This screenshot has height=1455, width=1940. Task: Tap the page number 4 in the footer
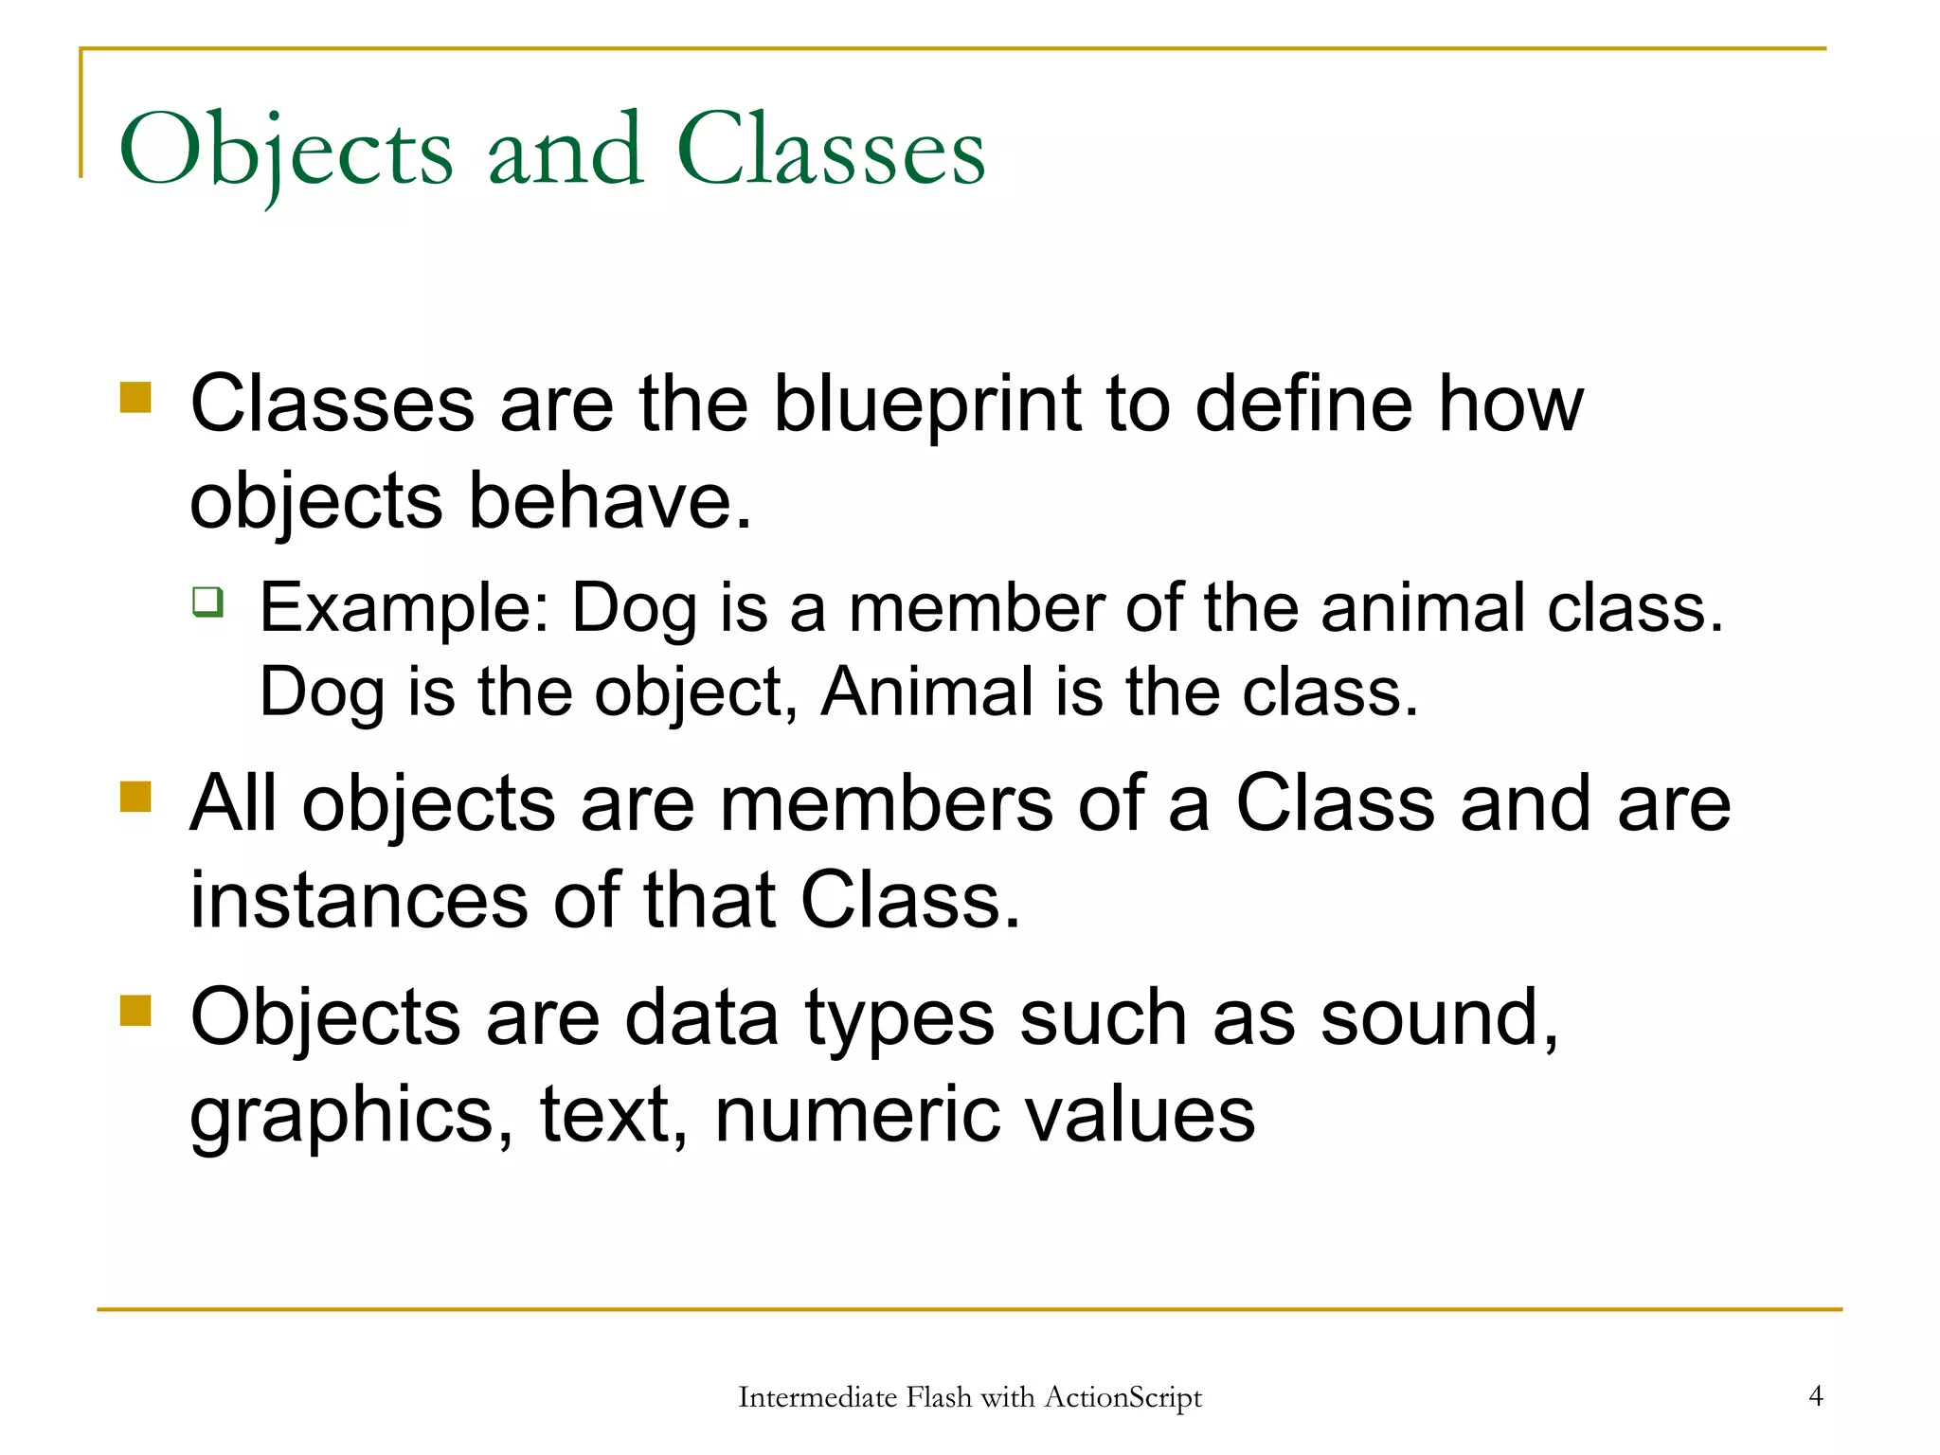tap(1815, 1395)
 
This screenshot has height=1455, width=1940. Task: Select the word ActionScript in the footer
tap(1123, 1397)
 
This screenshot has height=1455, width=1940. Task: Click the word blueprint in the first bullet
tap(927, 404)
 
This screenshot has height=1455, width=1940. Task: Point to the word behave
tap(610, 502)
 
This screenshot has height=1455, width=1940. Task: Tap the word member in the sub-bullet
tap(976, 608)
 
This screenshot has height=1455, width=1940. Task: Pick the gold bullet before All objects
tap(136, 797)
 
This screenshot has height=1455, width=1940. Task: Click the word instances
tap(359, 900)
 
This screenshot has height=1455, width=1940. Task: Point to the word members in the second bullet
tap(886, 804)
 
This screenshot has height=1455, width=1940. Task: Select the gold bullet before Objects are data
tap(136, 1010)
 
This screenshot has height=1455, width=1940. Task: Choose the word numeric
tap(856, 1115)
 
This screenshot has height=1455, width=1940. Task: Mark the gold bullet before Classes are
tap(136, 397)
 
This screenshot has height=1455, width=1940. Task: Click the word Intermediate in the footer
tap(817, 1397)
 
